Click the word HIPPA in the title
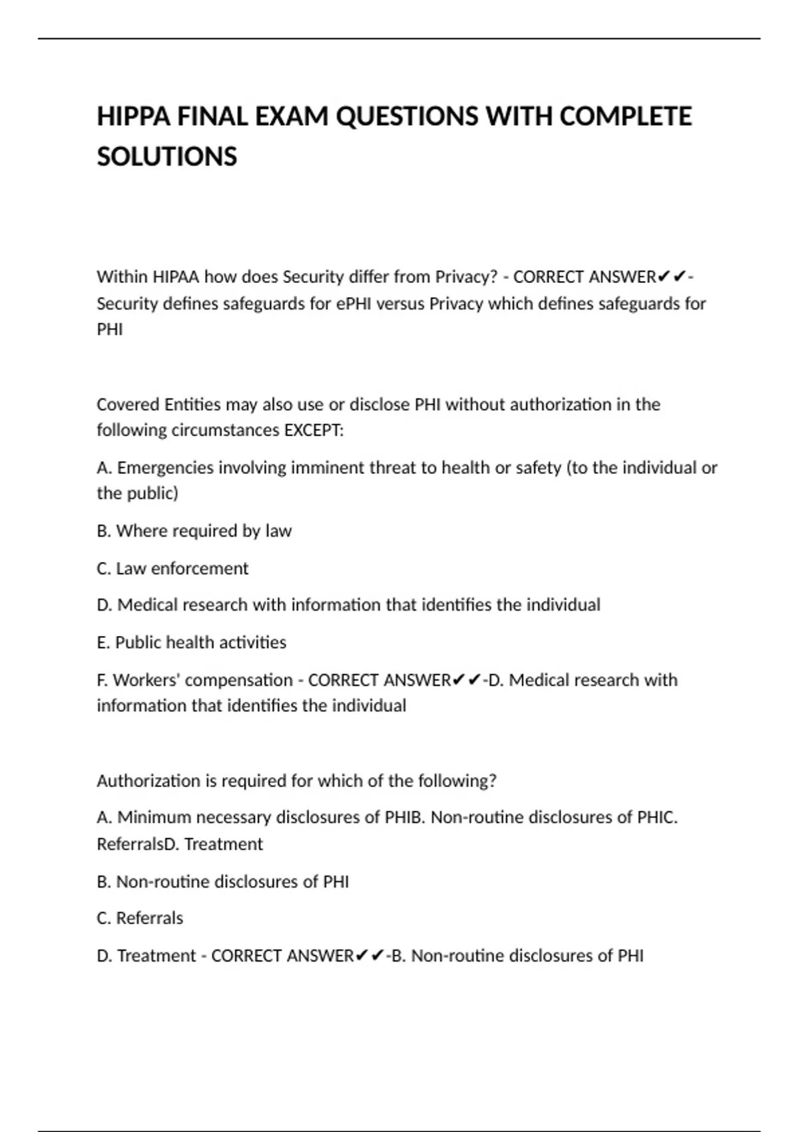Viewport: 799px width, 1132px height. [133, 117]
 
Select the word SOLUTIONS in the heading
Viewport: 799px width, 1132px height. [166, 157]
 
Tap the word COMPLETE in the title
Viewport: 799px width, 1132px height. [625, 117]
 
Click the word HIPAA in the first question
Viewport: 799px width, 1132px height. [176, 277]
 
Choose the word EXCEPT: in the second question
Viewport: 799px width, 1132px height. [314, 431]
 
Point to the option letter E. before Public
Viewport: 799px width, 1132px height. [103, 643]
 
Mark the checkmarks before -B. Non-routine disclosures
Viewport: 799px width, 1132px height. [369, 956]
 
